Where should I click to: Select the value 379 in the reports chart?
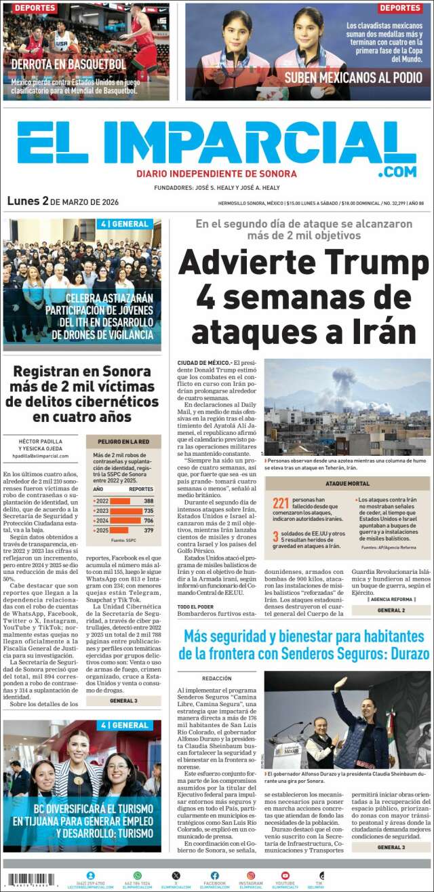[x=149, y=530]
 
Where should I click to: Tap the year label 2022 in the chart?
[x=102, y=501]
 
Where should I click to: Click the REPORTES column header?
[x=141, y=489]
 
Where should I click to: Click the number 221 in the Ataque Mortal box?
[x=281, y=503]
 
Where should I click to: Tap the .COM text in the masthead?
[x=397, y=172]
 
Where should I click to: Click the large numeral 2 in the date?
[x=45, y=201]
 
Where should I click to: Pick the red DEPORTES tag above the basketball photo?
[x=35, y=8]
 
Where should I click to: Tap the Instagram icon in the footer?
[x=251, y=876]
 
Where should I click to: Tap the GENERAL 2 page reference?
[x=391, y=610]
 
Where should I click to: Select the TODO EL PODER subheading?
[x=195, y=606]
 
